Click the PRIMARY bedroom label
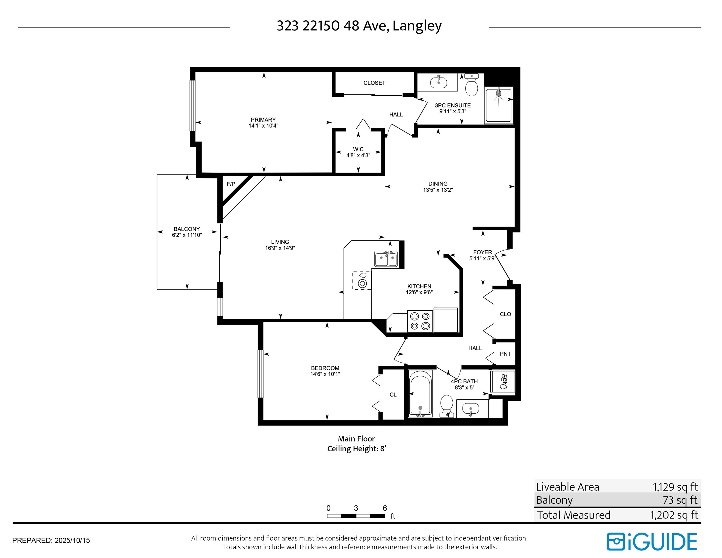[263, 120]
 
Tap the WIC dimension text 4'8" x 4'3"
[358, 155]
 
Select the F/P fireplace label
[231, 184]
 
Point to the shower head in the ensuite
[498, 93]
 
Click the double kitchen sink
[386, 258]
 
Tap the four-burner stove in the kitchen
[420, 321]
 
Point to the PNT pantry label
[505, 354]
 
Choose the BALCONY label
[187, 229]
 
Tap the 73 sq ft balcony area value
[680, 500]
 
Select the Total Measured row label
[574, 515]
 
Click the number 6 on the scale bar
[385, 508]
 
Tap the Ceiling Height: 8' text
[357, 449]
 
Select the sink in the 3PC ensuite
[438, 82]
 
